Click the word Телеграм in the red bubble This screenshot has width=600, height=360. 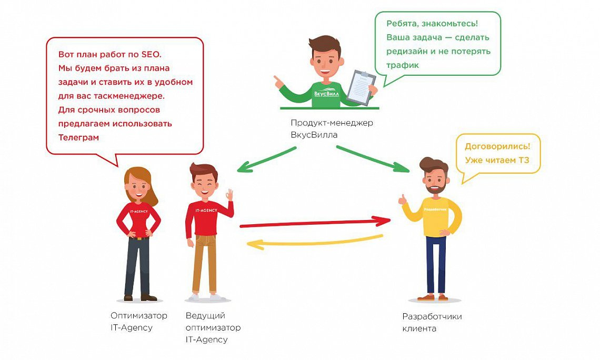pyautogui.click(x=79, y=137)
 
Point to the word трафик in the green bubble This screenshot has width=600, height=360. pyautogui.click(x=403, y=65)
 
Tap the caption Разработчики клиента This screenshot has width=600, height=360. pyautogui.click(x=432, y=323)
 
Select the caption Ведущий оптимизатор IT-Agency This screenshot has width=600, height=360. pyautogui.click(x=213, y=327)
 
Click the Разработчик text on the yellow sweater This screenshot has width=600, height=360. pyautogui.click(x=435, y=209)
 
